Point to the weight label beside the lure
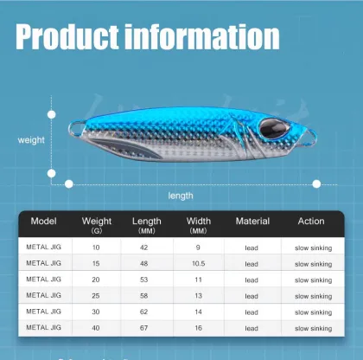click(x=32, y=139)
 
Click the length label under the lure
click(x=181, y=196)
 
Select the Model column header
click(x=43, y=222)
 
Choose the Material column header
click(x=252, y=222)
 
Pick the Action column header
click(x=311, y=222)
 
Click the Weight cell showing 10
click(x=96, y=247)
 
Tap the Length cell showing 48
click(x=146, y=264)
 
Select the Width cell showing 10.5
click(x=198, y=264)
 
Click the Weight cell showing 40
click(x=96, y=329)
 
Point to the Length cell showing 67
click(x=146, y=329)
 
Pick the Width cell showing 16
click(x=198, y=329)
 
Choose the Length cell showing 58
click(x=146, y=296)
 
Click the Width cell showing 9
click(x=198, y=247)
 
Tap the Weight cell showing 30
click(x=96, y=312)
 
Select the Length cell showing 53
click(x=146, y=280)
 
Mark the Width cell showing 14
click(x=198, y=312)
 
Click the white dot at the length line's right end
click(x=316, y=183)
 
